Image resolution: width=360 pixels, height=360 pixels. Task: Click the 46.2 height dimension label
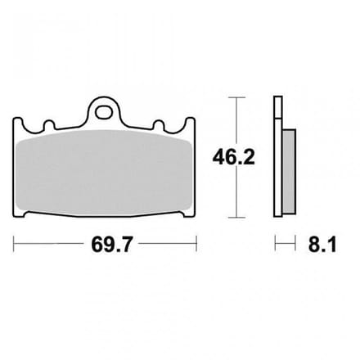(233, 157)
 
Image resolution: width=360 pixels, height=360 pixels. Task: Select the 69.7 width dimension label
(112, 245)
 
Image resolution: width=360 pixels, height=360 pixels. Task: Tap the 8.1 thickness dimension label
(322, 245)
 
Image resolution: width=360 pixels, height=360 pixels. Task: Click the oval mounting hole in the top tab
(104, 112)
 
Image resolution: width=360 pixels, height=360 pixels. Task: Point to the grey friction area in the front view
(104, 173)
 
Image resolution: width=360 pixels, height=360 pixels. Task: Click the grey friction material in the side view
(289, 172)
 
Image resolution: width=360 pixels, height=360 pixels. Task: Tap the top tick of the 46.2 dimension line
(236, 97)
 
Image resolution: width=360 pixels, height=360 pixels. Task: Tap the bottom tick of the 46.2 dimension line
(236, 218)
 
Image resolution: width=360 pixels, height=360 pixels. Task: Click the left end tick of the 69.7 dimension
(14, 244)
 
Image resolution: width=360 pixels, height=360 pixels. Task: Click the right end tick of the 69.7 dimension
(196, 244)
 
